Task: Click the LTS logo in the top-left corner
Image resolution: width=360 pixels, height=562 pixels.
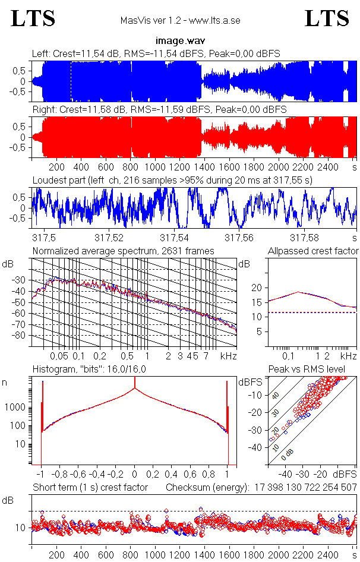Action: tap(33, 18)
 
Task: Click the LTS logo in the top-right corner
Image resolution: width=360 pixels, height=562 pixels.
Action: tap(327, 18)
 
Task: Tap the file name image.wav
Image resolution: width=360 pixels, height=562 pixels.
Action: tap(180, 41)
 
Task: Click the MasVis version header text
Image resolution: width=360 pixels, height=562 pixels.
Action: tap(180, 21)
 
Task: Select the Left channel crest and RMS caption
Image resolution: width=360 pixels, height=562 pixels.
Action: tap(156, 54)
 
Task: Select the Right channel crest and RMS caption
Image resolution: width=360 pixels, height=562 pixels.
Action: tap(159, 110)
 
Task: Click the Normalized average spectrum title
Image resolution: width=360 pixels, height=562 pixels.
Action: tap(124, 251)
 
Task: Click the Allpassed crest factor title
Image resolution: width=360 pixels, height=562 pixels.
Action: tap(313, 251)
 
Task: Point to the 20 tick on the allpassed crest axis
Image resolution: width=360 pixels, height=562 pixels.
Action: tap(257, 288)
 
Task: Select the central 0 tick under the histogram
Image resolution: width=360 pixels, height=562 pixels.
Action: tap(135, 475)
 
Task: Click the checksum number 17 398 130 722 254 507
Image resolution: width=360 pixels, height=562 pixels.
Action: tap(303, 488)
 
